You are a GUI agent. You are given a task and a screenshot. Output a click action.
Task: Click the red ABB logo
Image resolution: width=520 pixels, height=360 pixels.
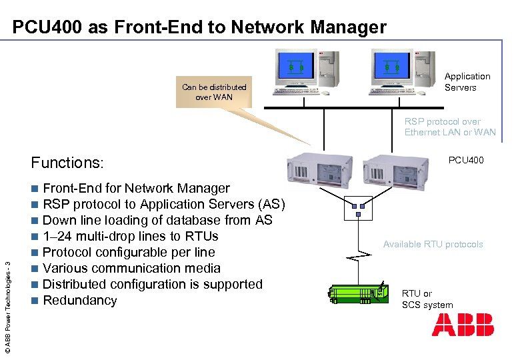tap(463, 325)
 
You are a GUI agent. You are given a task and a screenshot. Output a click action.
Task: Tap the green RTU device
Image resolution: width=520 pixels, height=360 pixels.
tap(358, 294)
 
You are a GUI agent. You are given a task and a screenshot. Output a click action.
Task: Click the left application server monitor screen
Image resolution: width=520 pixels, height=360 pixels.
tap(296, 65)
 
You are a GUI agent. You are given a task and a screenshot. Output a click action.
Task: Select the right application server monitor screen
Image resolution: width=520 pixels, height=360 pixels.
tap(392, 65)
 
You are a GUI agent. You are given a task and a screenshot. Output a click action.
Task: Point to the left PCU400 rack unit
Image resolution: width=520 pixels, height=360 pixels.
tap(319, 170)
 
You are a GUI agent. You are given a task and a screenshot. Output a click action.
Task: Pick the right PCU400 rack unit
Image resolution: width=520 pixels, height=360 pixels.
tap(395, 173)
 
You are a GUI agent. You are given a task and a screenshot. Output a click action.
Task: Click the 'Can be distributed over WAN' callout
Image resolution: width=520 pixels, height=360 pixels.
tap(214, 92)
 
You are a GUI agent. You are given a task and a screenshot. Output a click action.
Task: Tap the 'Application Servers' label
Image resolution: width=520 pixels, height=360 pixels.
tap(467, 82)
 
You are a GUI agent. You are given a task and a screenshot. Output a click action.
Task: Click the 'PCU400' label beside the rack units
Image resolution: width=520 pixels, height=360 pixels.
tap(466, 160)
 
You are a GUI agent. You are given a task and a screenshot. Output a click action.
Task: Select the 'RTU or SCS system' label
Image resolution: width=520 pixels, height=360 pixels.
tap(427, 299)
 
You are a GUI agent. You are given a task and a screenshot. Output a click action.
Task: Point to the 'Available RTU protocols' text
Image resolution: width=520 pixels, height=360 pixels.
tap(433, 244)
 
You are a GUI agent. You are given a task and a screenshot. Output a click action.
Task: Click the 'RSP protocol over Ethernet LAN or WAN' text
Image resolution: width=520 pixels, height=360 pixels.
tap(450, 127)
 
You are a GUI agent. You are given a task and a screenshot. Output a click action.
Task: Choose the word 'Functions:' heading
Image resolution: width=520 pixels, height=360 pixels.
tap(67, 163)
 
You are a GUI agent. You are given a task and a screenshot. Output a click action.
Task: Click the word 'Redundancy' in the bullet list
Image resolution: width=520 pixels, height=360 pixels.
tap(80, 300)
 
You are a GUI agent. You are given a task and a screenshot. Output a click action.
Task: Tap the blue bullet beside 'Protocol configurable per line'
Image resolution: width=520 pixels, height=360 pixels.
tap(35, 253)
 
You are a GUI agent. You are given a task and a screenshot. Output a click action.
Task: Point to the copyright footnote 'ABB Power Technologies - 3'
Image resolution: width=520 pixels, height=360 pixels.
tap(8, 307)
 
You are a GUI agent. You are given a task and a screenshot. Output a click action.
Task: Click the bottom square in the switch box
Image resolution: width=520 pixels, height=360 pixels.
tap(358, 215)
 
